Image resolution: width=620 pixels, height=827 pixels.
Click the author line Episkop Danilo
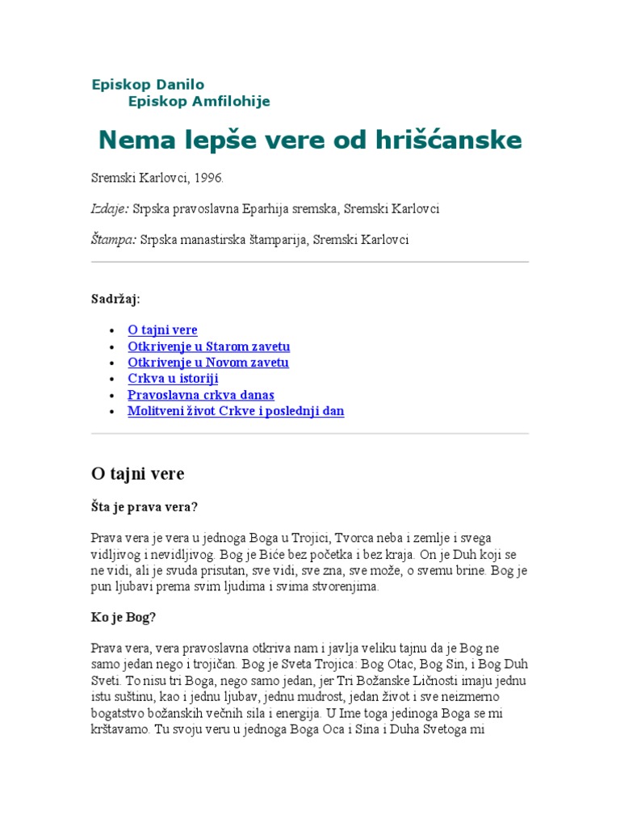tap(148, 84)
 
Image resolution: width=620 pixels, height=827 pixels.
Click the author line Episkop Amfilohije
tap(199, 101)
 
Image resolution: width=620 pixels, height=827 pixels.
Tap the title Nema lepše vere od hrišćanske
tap(310, 141)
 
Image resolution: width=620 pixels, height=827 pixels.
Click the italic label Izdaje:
tap(109, 208)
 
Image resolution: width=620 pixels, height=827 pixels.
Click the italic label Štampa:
tap(113, 240)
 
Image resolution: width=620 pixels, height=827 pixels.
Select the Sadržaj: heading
tap(115, 299)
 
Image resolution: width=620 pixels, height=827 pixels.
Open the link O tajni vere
tap(162, 330)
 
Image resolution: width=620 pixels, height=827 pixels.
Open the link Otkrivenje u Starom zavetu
tap(208, 346)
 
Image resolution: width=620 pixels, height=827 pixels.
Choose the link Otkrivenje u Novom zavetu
tap(207, 363)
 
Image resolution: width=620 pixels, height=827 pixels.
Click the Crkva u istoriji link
tap(173, 379)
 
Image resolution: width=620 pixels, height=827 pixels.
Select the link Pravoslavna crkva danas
tap(201, 395)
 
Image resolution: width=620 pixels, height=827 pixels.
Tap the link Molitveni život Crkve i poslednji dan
tap(236, 411)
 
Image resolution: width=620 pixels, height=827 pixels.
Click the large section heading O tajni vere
tap(138, 473)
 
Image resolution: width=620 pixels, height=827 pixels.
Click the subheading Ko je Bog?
tap(123, 617)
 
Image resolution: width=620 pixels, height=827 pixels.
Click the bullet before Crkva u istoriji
tap(111, 379)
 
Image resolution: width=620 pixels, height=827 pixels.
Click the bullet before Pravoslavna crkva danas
tap(111, 395)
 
